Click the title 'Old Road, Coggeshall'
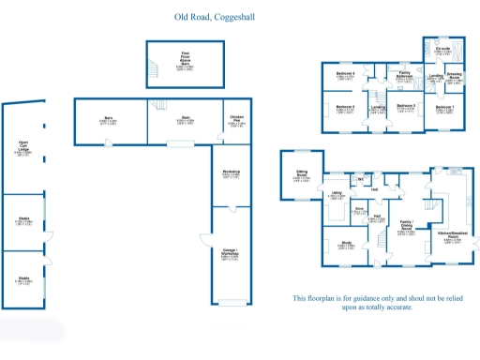(x=213, y=17)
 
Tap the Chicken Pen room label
(x=236, y=120)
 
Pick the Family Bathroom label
(x=405, y=75)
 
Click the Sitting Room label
(x=303, y=174)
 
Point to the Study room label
(x=346, y=245)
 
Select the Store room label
(x=360, y=211)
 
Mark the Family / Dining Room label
(x=406, y=227)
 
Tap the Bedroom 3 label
(x=406, y=107)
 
